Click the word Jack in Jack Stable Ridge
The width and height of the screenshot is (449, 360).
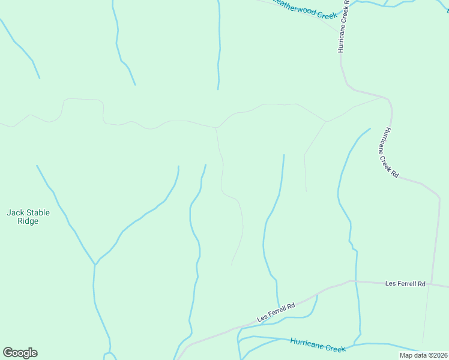point(15,212)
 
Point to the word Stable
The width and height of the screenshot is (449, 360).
point(37,212)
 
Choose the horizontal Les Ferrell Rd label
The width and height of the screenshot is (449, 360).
point(405,283)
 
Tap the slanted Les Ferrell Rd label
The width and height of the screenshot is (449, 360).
point(276,312)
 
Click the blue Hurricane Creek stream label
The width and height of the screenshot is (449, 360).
point(318,345)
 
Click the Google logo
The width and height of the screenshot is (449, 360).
point(20,353)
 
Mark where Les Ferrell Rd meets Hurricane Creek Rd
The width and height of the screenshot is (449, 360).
point(431,284)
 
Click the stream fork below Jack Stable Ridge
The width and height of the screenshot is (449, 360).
point(95,264)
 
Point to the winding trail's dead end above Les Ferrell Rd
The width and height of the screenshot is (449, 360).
point(232,265)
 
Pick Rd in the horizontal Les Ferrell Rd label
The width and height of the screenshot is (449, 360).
point(421,283)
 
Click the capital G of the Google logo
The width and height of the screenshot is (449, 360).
point(8,352)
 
